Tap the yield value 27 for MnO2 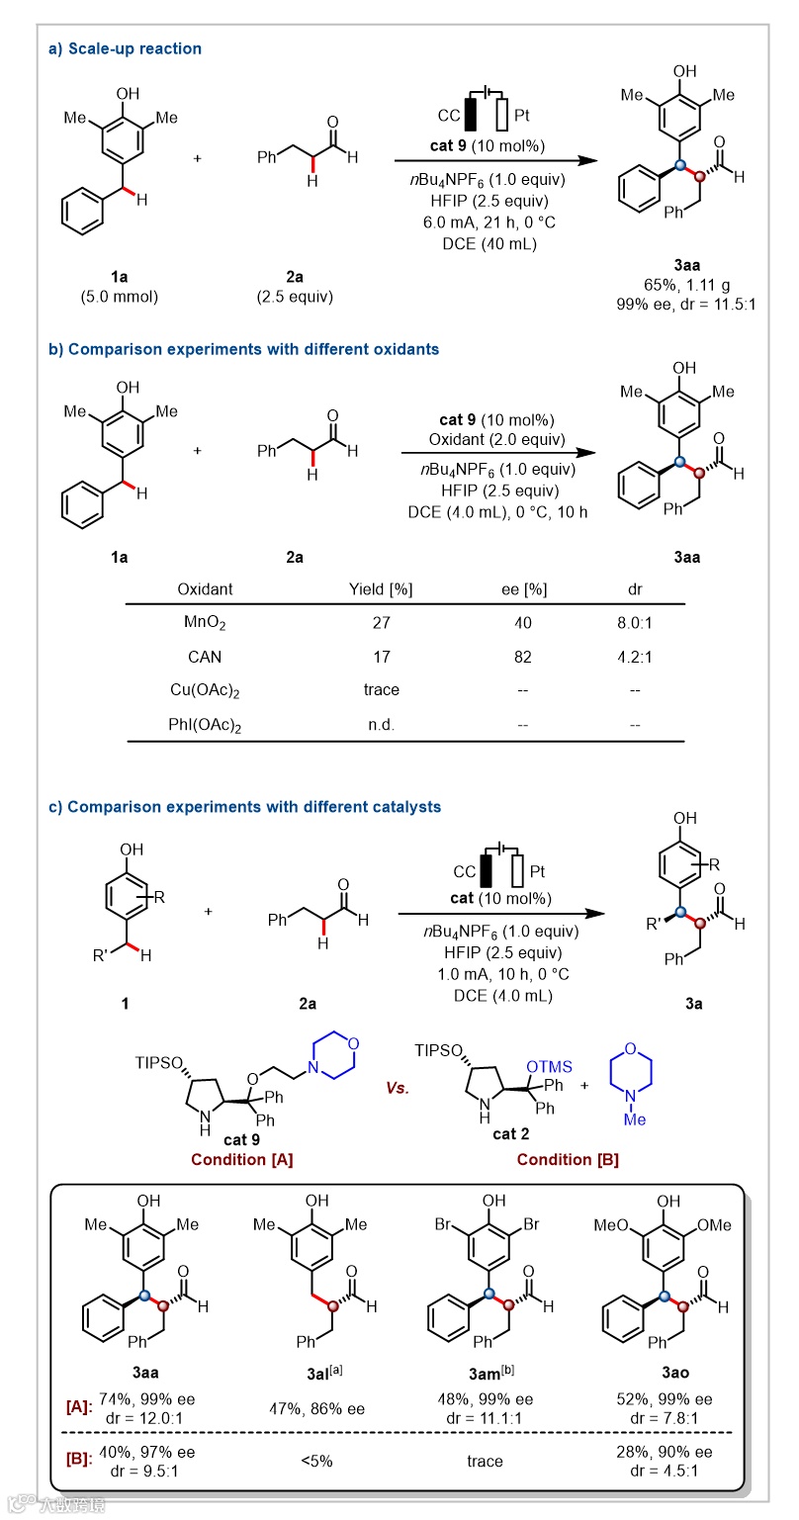[381, 624]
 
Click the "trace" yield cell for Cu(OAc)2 [381, 690]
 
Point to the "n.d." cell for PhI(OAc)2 [381, 725]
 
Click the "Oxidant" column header [205, 589]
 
